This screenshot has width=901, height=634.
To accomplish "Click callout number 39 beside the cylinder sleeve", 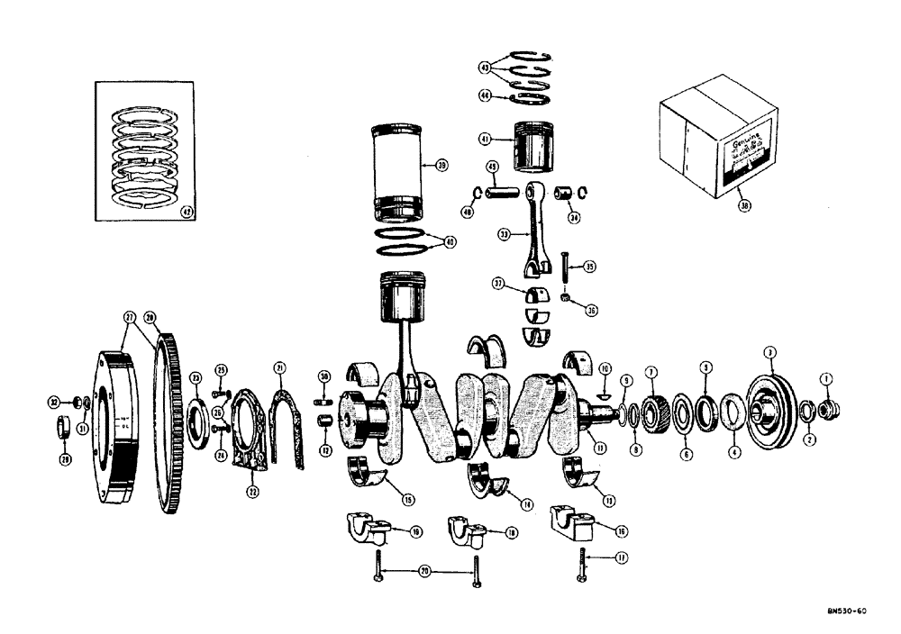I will pyautogui.click(x=441, y=165).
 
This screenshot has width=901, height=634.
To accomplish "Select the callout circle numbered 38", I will pyautogui.click(x=743, y=204).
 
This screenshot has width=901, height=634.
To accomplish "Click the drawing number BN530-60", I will pyautogui.click(x=846, y=611).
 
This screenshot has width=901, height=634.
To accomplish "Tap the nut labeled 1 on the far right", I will pyautogui.click(x=830, y=410).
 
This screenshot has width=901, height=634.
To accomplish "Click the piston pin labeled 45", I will pyautogui.click(x=505, y=191).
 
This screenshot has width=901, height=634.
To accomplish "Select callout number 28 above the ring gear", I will pyautogui.click(x=150, y=317).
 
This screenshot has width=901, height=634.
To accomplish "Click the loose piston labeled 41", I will pyautogui.click(x=532, y=144).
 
